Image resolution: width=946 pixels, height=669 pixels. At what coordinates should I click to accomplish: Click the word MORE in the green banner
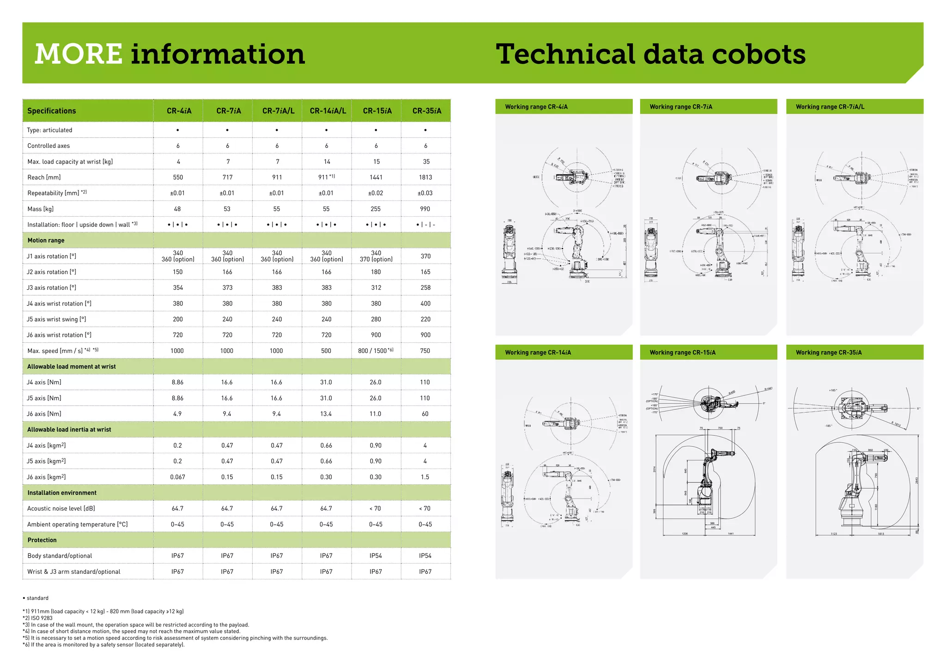point(79,54)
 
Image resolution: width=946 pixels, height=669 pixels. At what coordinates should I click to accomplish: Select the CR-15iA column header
point(377,111)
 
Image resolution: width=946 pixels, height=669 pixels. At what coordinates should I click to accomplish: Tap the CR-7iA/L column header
point(278,111)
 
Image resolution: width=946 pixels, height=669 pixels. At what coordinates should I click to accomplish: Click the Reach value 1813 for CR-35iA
point(425,177)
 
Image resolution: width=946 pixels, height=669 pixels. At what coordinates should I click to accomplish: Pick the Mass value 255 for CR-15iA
point(376,209)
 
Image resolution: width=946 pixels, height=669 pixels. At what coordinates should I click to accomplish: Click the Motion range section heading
point(46,240)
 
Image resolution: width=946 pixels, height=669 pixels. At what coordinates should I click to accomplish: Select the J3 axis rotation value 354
point(178,288)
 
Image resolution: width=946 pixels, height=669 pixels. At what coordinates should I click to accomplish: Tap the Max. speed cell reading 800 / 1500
point(376,351)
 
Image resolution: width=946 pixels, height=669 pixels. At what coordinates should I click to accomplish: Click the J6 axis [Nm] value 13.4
point(326,414)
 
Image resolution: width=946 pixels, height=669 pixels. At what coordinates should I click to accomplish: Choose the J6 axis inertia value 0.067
point(177,477)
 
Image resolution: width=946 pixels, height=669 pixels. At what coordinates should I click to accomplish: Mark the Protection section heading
point(42,540)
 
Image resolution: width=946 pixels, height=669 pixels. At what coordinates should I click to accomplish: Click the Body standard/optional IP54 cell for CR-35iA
point(425,556)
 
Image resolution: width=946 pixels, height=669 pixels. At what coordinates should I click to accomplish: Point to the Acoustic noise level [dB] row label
point(61,509)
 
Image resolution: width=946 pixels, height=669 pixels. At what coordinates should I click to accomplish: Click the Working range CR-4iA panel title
point(536,107)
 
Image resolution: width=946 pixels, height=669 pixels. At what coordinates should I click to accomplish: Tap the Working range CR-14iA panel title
point(538,353)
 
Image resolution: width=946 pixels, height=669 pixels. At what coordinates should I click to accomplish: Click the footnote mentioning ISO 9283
point(37,618)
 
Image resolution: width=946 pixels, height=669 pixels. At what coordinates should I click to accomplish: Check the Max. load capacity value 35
point(426,162)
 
